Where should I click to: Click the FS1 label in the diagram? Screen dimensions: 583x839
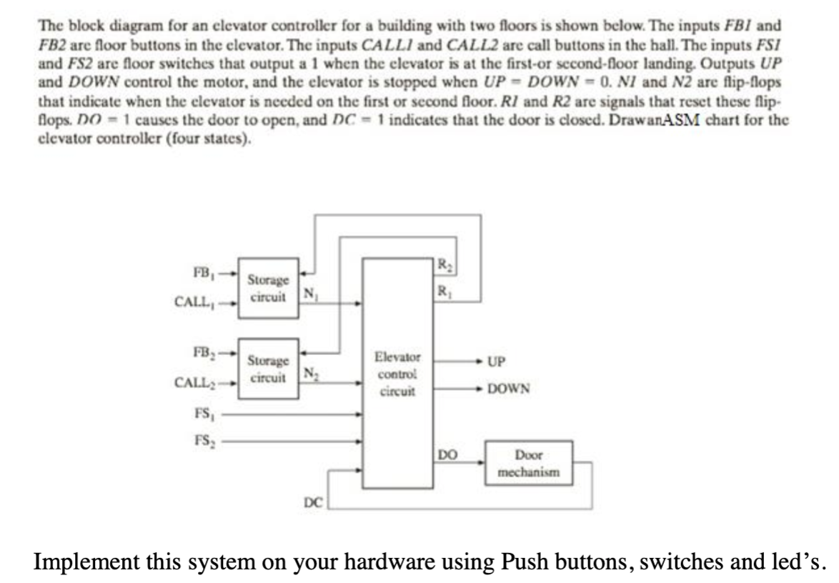click(x=204, y=412)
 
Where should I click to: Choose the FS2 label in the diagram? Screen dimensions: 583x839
click(x=204, y=441)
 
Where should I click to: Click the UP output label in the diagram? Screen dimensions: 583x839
click(x=497, y=362)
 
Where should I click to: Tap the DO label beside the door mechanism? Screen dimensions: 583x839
click(x=446, y=453)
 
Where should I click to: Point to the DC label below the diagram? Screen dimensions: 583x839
click(x=312, y=502)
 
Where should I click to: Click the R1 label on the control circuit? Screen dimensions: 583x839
click(x=447, y=291)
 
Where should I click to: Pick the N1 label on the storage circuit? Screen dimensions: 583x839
click(x=309, y=292)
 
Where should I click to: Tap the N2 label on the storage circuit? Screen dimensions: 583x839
click(x=309, y=372)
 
